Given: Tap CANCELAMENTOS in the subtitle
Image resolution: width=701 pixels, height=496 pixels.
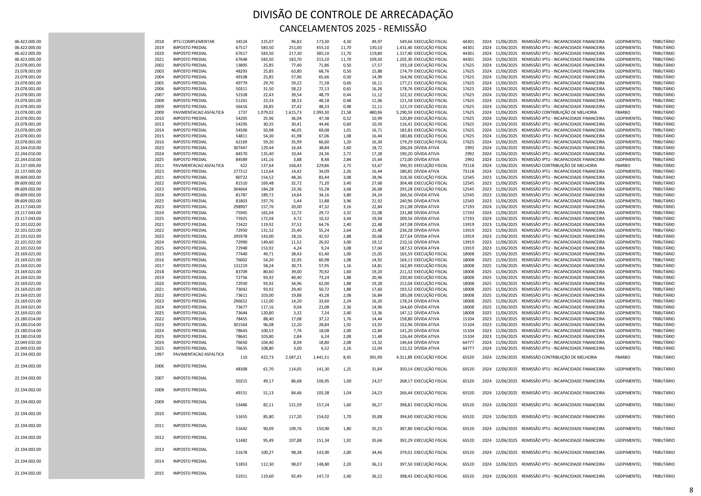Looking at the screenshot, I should (x=316, y=29).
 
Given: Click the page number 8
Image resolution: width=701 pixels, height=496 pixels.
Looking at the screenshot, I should (x=695, y=490).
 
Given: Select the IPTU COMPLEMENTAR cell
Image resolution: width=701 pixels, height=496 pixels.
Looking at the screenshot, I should (x=194, y=42).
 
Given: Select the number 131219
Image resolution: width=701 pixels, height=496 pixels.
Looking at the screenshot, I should (x=240, y=265).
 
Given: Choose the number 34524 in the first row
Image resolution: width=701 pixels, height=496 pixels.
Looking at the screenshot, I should (x=242, y=42).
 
